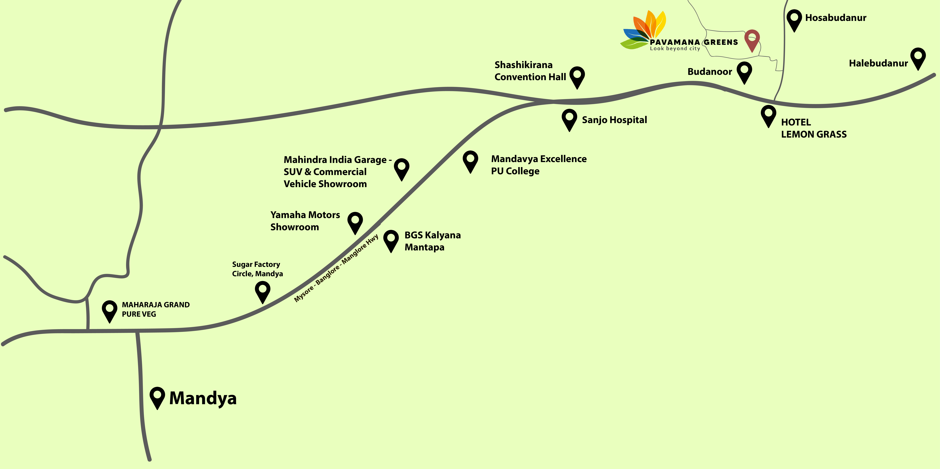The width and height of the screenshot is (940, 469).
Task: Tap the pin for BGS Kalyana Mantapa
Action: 391,240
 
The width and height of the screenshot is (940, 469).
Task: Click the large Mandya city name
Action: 203,398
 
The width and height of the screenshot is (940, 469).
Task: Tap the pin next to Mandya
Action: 157,396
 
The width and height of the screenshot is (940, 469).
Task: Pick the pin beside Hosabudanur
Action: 794,19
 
